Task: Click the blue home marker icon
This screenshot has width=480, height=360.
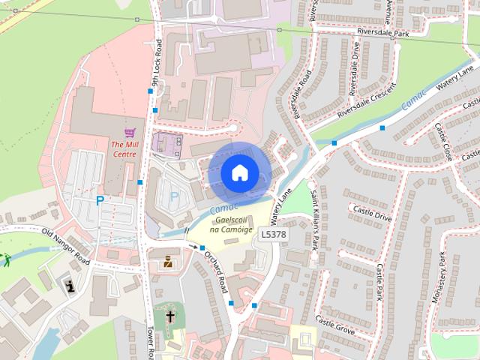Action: (x=238, y=172)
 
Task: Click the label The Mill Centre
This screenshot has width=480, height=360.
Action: (x=124, y=148)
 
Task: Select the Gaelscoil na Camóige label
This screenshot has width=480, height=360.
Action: (x=232, y=224)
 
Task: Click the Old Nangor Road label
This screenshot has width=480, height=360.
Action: (x=65, y=247)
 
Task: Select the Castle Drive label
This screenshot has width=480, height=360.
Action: (x=373, y=217)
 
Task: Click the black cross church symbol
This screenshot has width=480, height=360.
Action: (x=170, y=316)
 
